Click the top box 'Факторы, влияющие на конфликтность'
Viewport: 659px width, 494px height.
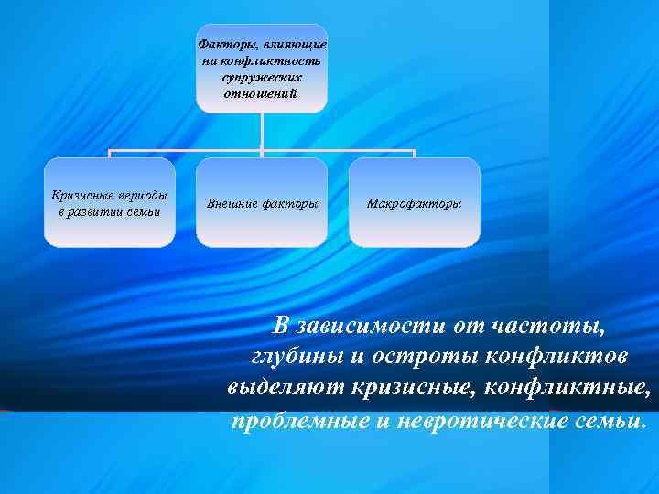pyautogui.click(x=262, y=69)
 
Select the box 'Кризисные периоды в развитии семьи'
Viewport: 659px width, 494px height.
pyautogui.click(x=110, y=202)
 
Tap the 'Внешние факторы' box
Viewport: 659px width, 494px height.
pyautogui.click(x=262, y=202)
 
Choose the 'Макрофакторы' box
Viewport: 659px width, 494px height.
pyautogui.click(x=415, y=202)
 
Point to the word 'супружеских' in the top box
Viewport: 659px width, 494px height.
pyautogui.click(x=262, y=78)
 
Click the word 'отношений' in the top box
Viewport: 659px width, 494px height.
pyautogui.click(x=262, y=94)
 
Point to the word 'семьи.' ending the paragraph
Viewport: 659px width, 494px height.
pyautogui.click(x=608, y=421)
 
